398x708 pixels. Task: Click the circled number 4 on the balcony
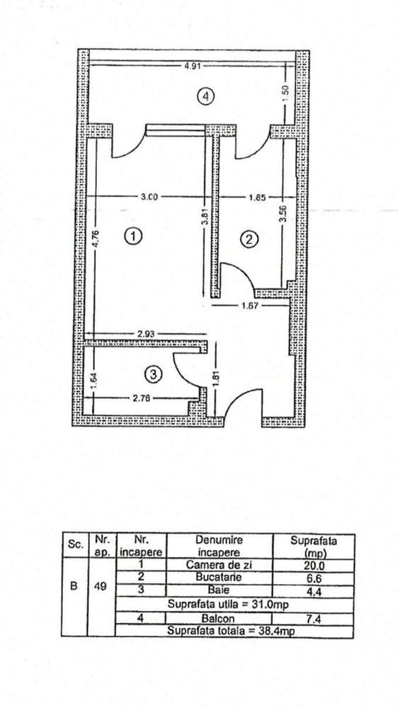(x=205, y=96)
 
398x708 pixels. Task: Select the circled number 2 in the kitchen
(x=249, y=240)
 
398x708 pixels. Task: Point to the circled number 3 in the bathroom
(x=153, y=374)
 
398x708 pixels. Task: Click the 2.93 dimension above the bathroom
(x=146, y=334)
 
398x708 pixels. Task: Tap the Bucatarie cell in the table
(x=219, y=577)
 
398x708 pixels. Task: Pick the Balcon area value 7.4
(x=314, y=618)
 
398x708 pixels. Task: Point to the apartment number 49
(x=101, y=588)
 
